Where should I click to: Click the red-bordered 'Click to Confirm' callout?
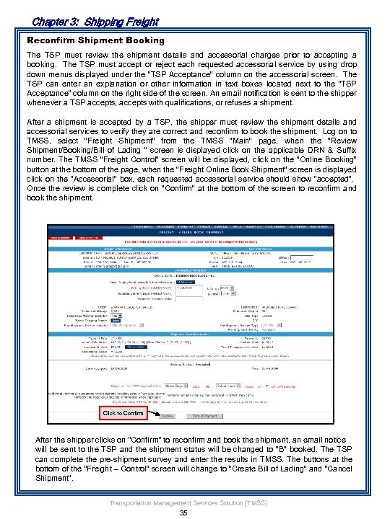[x=123, y=413]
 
